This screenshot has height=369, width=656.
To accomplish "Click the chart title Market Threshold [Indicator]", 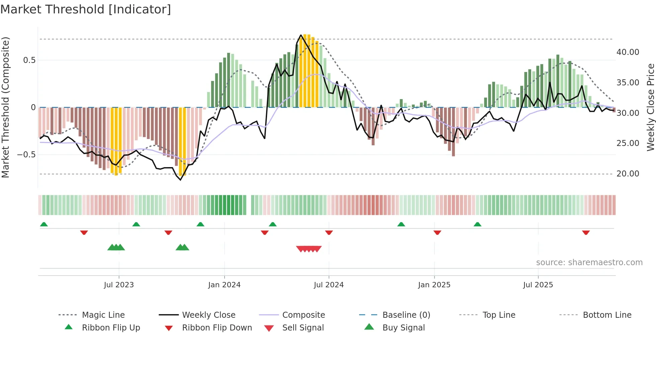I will tap(86, 9).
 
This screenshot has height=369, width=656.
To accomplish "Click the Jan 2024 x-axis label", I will tap(224, 285).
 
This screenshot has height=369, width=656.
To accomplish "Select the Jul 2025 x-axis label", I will tap(538, 285).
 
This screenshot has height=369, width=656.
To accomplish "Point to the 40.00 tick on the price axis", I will tap(628, 52).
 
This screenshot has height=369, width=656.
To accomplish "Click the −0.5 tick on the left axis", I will tap(26, 155).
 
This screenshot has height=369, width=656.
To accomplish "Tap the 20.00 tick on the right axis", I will tap(628, 174).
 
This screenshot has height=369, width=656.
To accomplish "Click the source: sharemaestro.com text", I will tap(589, 263).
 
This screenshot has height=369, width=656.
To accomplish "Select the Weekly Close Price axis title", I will tap(650, 107).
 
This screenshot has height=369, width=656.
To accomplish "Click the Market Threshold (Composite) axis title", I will tap(5, 107).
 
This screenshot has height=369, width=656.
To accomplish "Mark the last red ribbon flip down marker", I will tap(586, 232).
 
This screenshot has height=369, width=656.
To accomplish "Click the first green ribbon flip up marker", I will tap(44, 224).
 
